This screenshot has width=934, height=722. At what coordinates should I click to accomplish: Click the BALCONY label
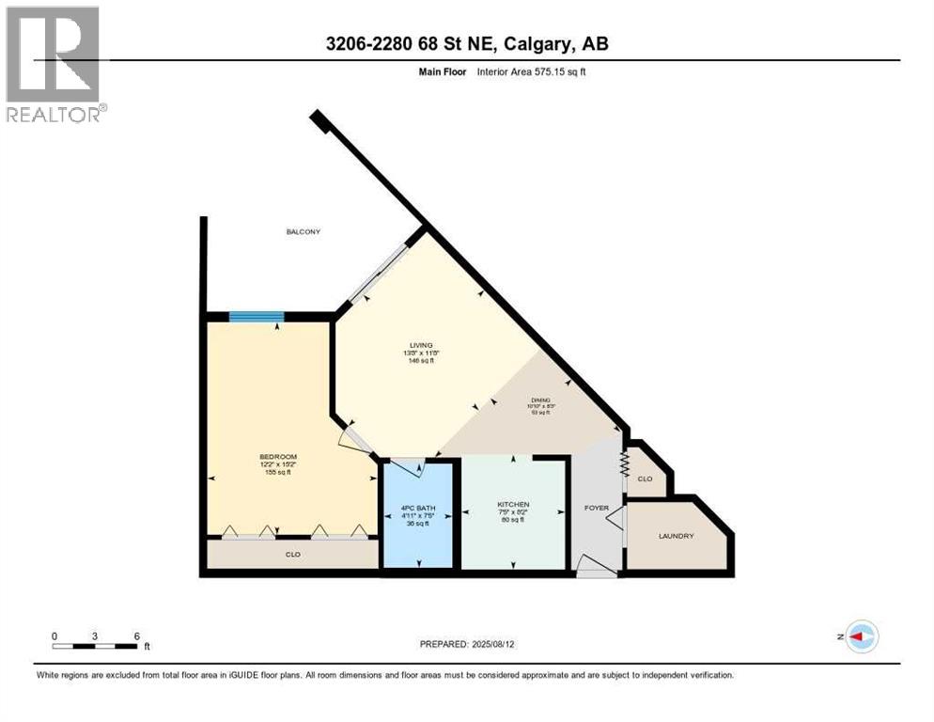[x=304, y=231]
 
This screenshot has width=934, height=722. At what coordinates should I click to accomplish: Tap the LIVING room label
[x=420, y=345]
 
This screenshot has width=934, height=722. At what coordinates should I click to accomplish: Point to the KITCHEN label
[x=513, y=505]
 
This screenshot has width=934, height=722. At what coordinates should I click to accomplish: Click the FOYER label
[x=597, y=508]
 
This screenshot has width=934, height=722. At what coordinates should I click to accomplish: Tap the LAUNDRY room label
[x=676, y=536]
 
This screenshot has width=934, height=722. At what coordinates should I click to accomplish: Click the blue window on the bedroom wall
[x=257, y=317]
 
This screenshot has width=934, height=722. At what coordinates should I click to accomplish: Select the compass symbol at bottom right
[x=861, y=636]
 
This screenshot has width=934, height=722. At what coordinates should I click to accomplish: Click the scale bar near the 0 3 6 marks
[x=96, y=646]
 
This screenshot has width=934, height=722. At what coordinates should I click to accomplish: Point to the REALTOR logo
[x=54, y=64]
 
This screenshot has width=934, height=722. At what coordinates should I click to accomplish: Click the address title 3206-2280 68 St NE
[x=467, y=44]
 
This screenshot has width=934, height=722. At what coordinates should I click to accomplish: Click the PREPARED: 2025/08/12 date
[x=467, y=644]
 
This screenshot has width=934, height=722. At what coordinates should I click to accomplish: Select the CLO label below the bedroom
[x=293, y=555]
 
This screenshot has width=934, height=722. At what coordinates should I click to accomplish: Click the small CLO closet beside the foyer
[x=645, y=479]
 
